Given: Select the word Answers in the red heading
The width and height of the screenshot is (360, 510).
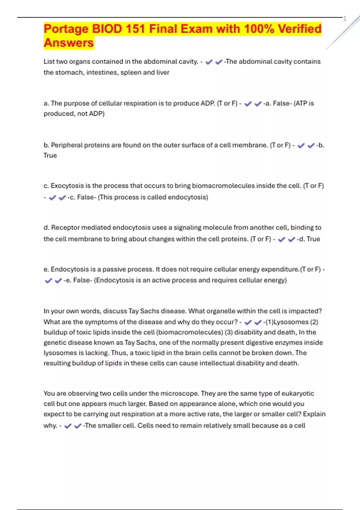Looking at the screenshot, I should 69,43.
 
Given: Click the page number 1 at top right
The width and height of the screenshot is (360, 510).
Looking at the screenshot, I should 345,19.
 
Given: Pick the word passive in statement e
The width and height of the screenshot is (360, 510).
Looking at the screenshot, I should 115,269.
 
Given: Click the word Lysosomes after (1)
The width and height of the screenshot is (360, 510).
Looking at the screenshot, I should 291,322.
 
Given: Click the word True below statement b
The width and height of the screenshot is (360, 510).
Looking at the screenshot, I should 50,155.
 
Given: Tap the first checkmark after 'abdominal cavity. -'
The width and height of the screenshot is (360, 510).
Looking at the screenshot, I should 209,62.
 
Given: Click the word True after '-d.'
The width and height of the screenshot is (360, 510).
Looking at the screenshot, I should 313,239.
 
